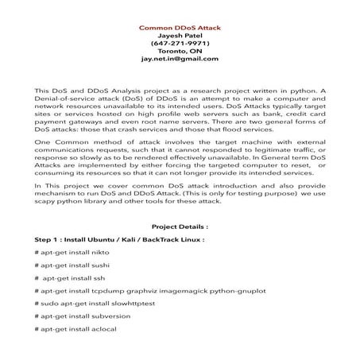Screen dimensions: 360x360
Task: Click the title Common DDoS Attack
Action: pyautogui.click(x=180, y=27)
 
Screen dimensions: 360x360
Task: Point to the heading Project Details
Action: pyautogui.click(x=180, y=225)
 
